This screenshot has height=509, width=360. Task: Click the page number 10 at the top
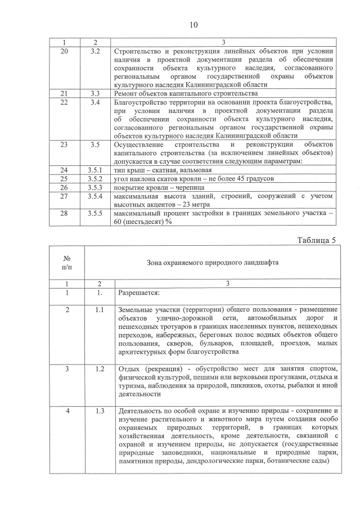click(x=193, y=25)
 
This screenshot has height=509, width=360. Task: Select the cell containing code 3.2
click(x=95, y=51)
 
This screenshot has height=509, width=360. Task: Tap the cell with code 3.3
click(x=95, y=93)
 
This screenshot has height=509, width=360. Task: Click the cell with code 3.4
click(x=95, y=102)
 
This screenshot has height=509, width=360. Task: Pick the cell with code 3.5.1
click(x=95, y=169)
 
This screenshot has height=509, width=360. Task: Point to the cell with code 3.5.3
click(x=95, y=187)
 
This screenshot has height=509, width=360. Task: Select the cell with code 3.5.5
click(x=95, y=214)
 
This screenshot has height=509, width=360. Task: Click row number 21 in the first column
click(x=64, y=93)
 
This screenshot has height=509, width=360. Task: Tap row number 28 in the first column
click(x=64, y=214)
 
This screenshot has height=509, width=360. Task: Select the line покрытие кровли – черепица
click(x=158, y=187)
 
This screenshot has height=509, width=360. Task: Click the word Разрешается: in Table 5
click(x=139, y=293)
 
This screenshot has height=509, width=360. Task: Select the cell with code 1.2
click(x=100, y=368)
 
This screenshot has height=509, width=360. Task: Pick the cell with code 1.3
click(x=100, y=410)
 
